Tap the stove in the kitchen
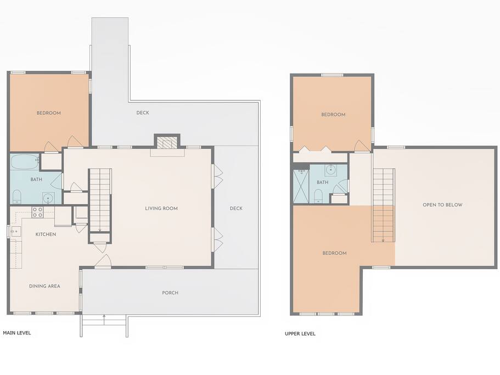tap(37, 212)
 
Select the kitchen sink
tap(15, 231)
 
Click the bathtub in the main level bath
tap(25, 162)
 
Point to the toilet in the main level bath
tap(16, 197)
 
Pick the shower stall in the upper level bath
tap(301, 186)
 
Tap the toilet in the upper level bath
tap(318, 196)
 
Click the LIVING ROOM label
tap(161, 208)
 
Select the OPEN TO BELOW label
tap(442, 205)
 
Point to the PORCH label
tap(170, 293)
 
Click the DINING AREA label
tap(44, 286)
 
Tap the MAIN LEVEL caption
tap(17, 333)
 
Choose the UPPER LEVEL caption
tap(300, 333)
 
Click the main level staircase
tap(100, 200)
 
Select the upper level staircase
tap(384, 205)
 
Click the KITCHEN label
tap(46, 234)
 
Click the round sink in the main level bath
tap(48, 198)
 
